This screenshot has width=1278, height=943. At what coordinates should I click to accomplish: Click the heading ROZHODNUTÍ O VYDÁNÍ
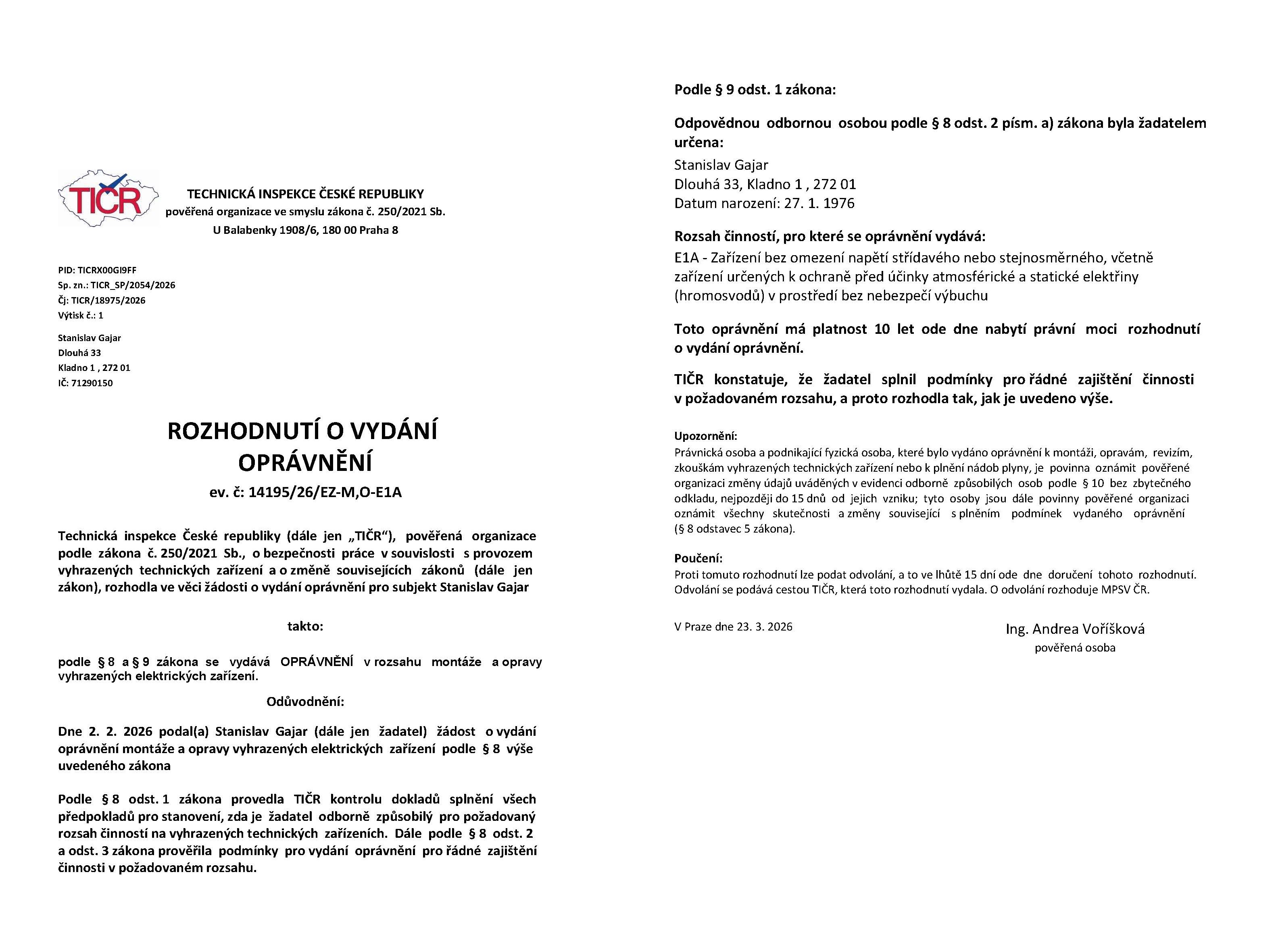(x=302, y=431)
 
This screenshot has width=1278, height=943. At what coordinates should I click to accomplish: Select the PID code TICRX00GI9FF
(x=107, y=270)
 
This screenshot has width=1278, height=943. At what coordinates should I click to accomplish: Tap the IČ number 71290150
(x=92, y=383)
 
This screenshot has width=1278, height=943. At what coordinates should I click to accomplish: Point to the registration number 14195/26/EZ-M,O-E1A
(x=325, y=492)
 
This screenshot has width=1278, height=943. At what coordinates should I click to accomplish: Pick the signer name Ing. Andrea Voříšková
(x=1075, y=629)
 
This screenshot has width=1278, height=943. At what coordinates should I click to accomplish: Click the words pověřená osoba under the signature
(x=1075, y=648)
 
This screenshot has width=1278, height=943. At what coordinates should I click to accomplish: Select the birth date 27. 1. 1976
(x=819, y=204)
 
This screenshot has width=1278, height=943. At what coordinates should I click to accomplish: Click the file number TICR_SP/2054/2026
(x=133, y=285)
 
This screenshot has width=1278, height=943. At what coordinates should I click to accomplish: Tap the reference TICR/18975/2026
(x=108, y=300)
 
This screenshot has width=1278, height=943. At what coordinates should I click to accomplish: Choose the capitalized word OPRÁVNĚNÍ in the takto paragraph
(x=317, y=662)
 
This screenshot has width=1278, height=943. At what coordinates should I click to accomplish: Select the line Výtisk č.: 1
(x=81, y=315)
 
